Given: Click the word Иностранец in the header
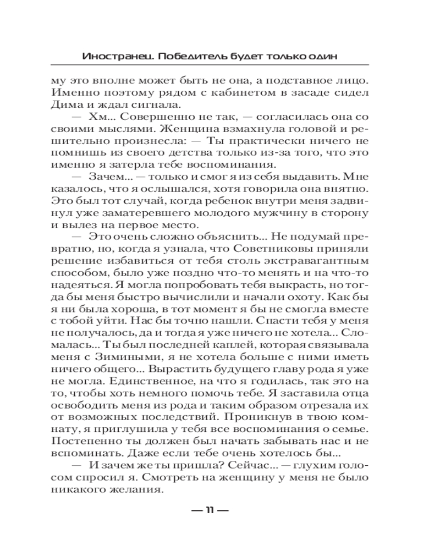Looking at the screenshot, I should coord(108,57).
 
